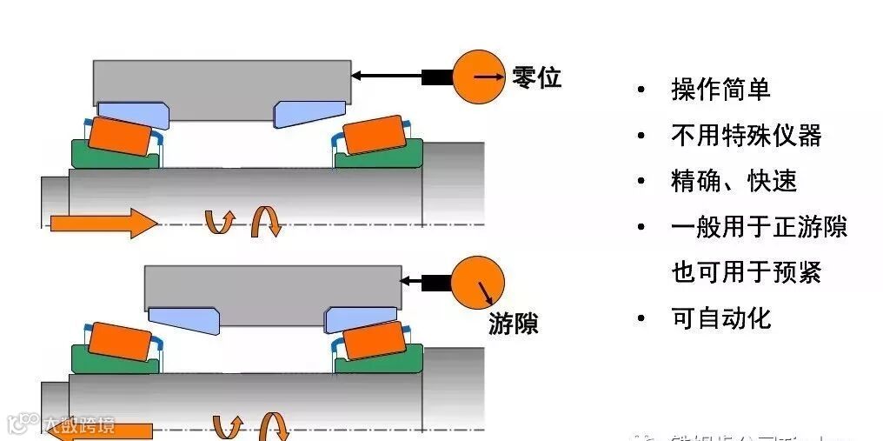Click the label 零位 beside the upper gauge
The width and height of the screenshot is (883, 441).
536,78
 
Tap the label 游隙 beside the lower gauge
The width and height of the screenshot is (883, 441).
513,324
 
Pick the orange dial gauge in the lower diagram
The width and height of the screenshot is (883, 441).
478,282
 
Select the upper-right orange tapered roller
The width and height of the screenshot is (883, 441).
374,136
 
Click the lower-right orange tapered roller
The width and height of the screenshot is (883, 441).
374,340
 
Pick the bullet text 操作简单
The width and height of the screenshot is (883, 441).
720,89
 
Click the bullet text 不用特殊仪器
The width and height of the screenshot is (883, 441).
746,135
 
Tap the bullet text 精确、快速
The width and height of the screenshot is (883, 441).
734,181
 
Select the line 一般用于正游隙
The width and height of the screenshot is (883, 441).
759,227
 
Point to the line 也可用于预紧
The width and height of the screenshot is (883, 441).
746,272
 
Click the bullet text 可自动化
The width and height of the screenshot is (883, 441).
720,318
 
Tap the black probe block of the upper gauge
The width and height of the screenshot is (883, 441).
436,77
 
